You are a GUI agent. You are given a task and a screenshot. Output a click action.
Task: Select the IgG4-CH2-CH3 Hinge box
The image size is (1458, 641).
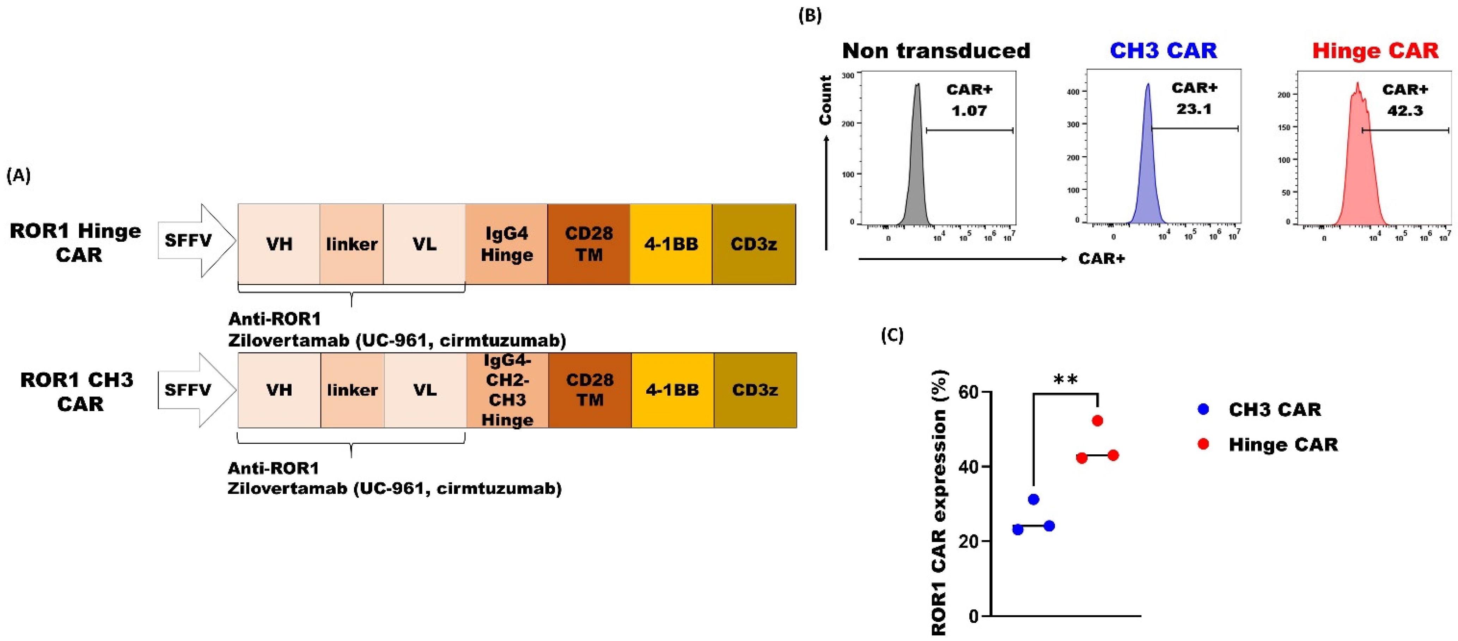coord(507,390)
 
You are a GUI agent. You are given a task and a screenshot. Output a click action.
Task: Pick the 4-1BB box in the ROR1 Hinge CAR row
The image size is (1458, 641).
coord(671,244)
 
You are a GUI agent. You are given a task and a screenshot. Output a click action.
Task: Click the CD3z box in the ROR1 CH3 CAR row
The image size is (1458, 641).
coord(755,390)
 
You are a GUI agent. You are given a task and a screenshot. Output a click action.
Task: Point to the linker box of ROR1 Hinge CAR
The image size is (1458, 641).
coord(352,244)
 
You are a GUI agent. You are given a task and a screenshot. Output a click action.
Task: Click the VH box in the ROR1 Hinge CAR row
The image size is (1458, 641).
coord(279,244)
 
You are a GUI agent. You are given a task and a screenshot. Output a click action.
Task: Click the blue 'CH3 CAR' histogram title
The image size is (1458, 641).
coord(1163,51)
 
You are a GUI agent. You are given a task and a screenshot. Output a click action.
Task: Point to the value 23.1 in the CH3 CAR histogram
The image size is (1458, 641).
coord(1194,109)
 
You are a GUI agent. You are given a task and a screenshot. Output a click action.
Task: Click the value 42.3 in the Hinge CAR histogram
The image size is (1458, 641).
coord(1405,110)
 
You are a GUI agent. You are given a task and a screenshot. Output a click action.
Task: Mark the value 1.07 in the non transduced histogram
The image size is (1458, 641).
coord(969,110)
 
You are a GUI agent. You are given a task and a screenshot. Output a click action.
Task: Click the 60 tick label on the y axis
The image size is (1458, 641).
coord(969,392)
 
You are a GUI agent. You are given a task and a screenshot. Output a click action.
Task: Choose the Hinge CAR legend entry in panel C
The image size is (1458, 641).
coord(1282,445)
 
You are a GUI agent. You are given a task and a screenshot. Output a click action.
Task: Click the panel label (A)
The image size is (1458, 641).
coord(18,176)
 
